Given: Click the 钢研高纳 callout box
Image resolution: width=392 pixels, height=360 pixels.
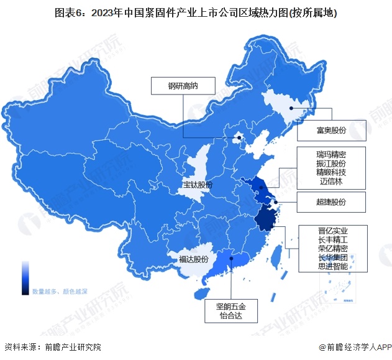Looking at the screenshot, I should pyautogui.click(x=183, y=86).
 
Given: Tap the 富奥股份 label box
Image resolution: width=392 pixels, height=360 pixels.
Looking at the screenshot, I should pyautogui.click(x=330, y=131).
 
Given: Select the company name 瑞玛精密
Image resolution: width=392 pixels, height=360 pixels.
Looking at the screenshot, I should pyautogui.click(x=330, y=154).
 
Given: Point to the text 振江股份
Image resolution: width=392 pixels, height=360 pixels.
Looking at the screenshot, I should pyautogui.click(x=330, y=163).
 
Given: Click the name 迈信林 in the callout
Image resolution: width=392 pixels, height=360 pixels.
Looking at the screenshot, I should pyautogui.click(x=330, y=182).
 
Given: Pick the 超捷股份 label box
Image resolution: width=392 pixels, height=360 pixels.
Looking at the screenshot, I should pyautogui.click(x=330, y=202).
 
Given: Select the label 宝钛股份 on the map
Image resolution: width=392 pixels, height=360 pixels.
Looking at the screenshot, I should pyautogui.click(x=198, y=185).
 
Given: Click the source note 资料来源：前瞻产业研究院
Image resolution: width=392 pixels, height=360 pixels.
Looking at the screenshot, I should pyautogui.click(x=52, y=347).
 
